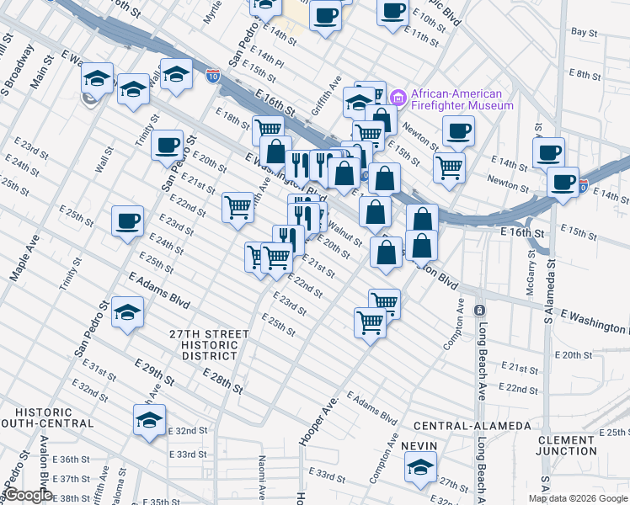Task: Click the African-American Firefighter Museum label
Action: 462,99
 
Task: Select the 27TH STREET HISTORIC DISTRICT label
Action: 210,344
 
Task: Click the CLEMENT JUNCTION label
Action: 566,445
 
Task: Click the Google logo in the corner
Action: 27,496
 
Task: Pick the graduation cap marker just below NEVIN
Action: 419,467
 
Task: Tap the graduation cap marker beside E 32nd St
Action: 149,420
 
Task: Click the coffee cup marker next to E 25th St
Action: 127,221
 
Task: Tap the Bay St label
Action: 584,31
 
